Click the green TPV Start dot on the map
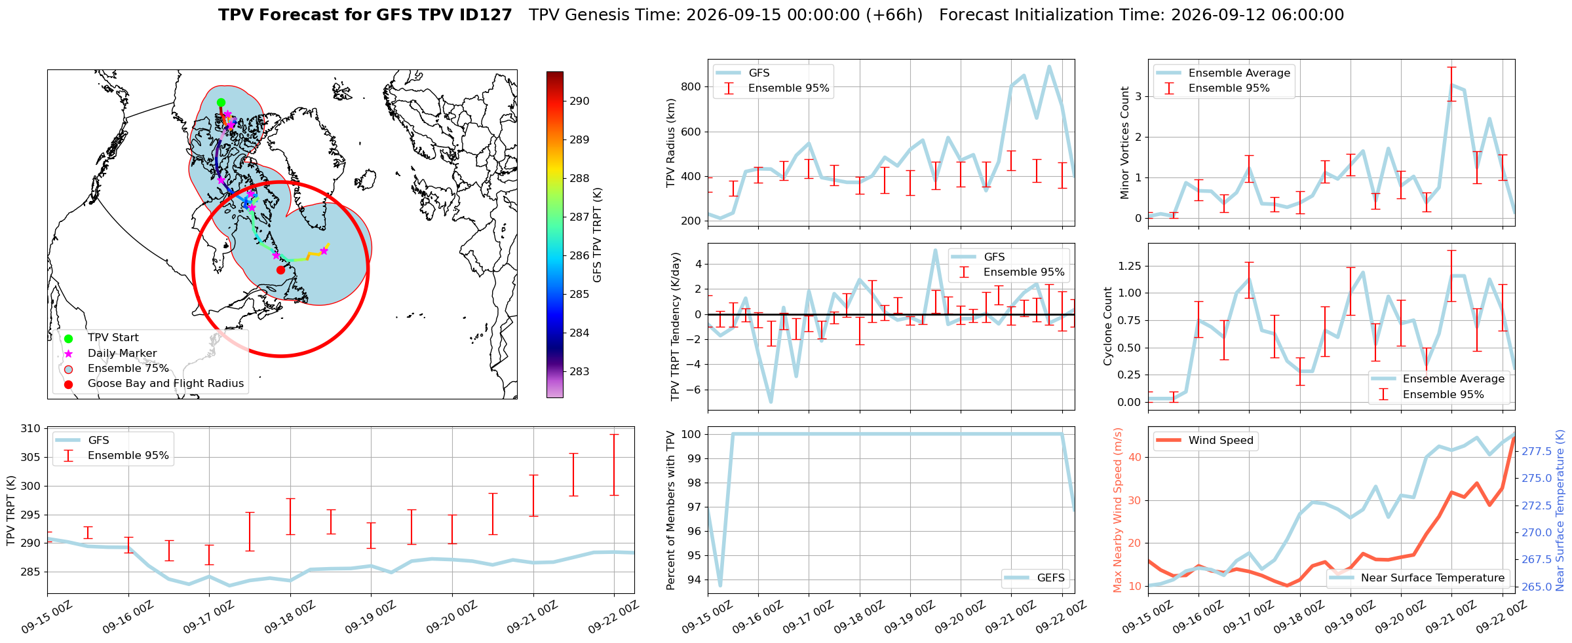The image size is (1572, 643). [x=221, y=102]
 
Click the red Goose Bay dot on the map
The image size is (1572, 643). [x=280, y=270]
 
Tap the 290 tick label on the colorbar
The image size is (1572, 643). [x=579, y=101]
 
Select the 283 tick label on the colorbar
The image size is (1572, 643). [x=579, y=371]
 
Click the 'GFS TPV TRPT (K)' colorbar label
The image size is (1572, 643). [x=597, y=235]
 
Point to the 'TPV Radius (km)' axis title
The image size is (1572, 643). [x=670, y=143]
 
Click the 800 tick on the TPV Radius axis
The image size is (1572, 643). [x=691, y=86]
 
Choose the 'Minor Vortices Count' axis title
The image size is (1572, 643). [x=1124, y=143]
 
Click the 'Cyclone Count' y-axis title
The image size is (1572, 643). [x=1107, y=326]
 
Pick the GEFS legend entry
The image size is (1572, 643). [x=1036, y=578]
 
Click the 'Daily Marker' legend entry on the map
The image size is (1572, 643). [x=112, y=353]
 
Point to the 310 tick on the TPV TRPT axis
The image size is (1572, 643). [x=31, y=429]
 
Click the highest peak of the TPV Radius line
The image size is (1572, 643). [x=1049, y=66]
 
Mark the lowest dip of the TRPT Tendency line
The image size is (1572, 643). [x=771, y=402]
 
